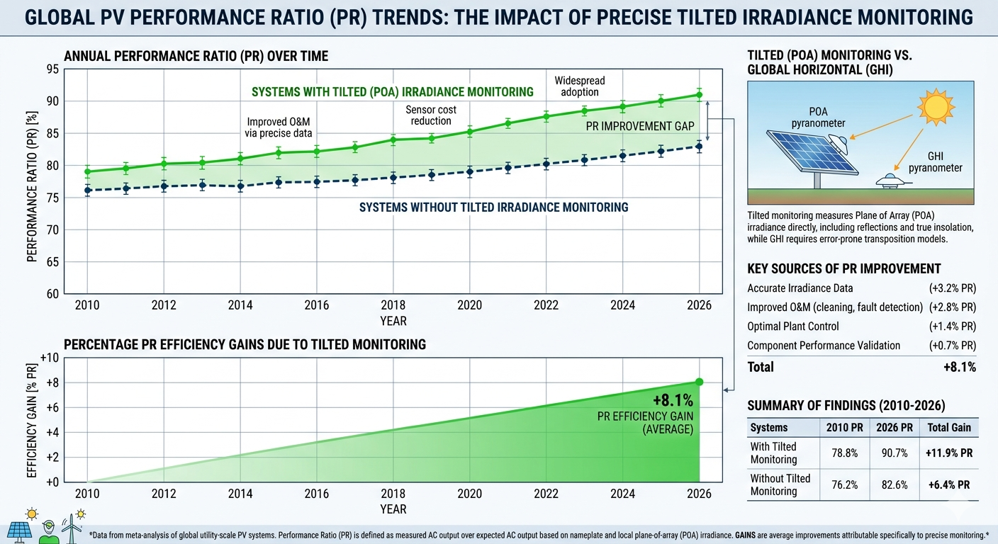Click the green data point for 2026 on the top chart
click(x=699, y=94)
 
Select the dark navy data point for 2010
click(x=87, y=190)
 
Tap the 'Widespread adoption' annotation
click(x=579, y=86)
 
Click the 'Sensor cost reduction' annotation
click(x=431, y=115)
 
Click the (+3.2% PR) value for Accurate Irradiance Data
click(x=952, y=288)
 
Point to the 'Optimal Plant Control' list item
click(x=792, y=327)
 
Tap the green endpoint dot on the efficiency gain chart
click(x=699, y=382)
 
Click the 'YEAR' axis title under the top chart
click(x=393, y=321)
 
